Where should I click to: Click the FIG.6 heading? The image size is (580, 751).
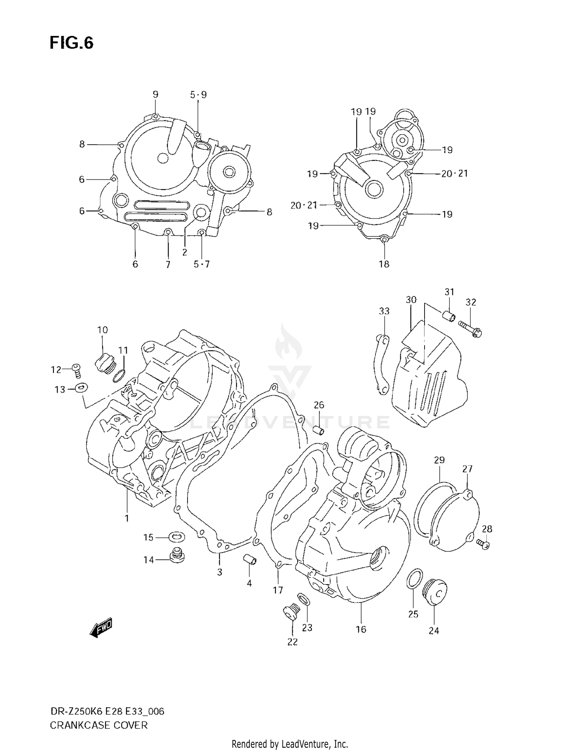point(72,43)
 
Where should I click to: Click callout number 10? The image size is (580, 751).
point(102,330)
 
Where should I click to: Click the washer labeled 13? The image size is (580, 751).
point(82,387)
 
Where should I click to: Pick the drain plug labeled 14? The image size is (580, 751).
point(177,556)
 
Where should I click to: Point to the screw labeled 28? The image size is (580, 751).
point(483,544)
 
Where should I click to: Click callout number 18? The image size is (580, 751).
point(384,264)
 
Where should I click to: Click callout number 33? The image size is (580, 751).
point(384,311)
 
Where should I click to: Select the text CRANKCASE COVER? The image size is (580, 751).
point(99,725)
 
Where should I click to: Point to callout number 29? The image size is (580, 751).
point(439,460)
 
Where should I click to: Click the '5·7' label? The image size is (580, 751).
point(201,264)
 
